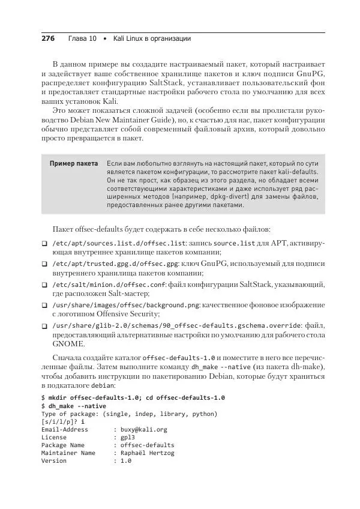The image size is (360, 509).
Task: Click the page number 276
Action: (x=47, y=39)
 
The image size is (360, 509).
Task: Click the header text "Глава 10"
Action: (x=82, y=39)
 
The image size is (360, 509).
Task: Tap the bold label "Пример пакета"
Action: (x=74, y=163)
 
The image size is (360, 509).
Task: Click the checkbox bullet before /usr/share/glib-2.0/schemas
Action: (x=44, y=326)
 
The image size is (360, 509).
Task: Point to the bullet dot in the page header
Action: (x=105, y=39)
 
